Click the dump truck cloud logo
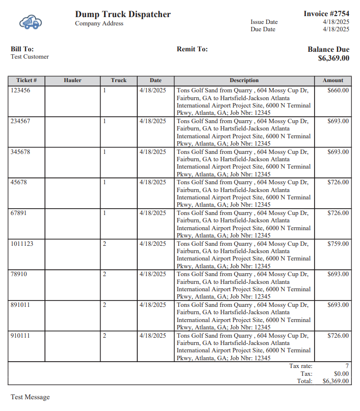click(31, 22)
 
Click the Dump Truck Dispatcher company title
click(123, 14)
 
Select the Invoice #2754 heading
click(326, 14)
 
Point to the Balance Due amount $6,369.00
click(334, 58)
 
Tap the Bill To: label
click(22, 49)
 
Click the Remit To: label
click(192, 49)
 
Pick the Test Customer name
click(30, 57)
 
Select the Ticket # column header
click(26, 80)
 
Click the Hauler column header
click(72, 80)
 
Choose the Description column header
click(244, 80)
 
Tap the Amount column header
click(333, 80)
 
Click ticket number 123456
click(20, 90)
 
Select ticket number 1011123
click(22, 243)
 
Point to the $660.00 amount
click(338, 90)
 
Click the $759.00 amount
click(338, 243)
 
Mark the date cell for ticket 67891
click(152, 213)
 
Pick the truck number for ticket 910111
click(105, 336)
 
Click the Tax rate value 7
click(347, 366)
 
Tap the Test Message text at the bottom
click(30, 397)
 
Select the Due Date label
click(263, 29)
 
